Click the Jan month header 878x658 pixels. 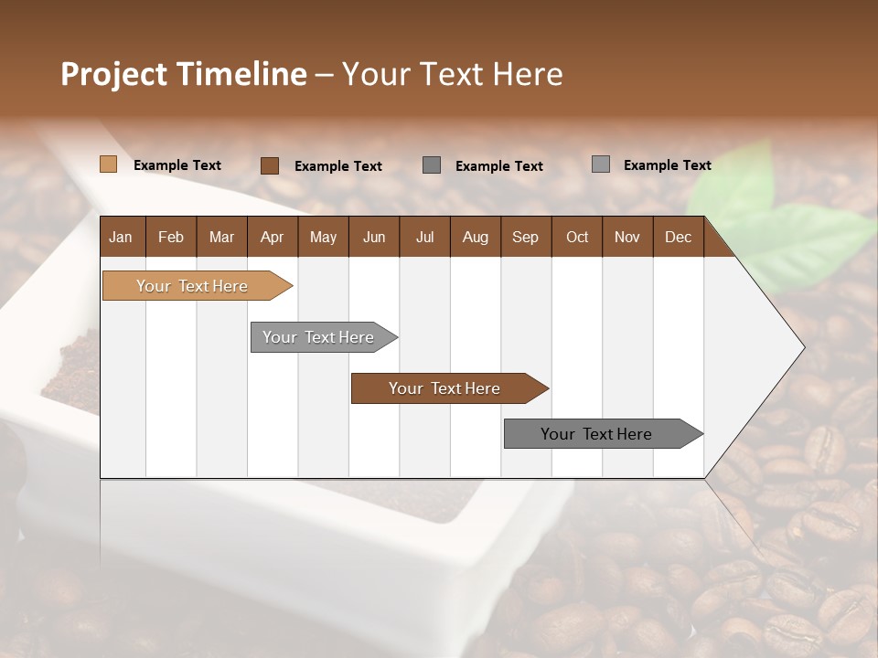pyautogui.click(x=121, y=237)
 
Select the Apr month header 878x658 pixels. pyautogui.click(x=272, y=237)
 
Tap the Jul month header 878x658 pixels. pyautogui.click(x=424, y=237)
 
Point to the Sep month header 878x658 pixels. pyautogui.click(x=525, y=237)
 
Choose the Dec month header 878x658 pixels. pyautogui.click(x=678, y=237)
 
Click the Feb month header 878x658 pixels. pyautogui.click(x=171, y=237)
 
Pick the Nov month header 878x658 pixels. pyautogui.click(x=626, y=237)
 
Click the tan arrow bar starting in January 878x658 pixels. pyautogui.click(x=192, y=286)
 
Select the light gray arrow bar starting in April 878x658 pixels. pyautogui.click(x=318, y=337)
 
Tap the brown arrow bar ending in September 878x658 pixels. pyautogui.click(x=444, y=388)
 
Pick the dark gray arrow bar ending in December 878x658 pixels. pyautogui.click(x=596, y=434)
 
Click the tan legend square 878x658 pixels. pyautogui.click(x=108, y=164)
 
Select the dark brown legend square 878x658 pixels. pyautogui.click(x=269, y=165)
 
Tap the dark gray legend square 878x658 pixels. pyautogui.click(x=432, y=164)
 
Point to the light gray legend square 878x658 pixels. pyautogui.click(x=600, y=164)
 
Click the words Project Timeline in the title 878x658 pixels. pyautogui.click(x=183, y=74)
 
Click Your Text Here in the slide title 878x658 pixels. pyautogui.click(x=452, y=74)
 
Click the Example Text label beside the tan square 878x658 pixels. pyautogui.click(x=177, y=165)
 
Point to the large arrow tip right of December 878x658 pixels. pyautogui.click(x=768, y=347)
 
